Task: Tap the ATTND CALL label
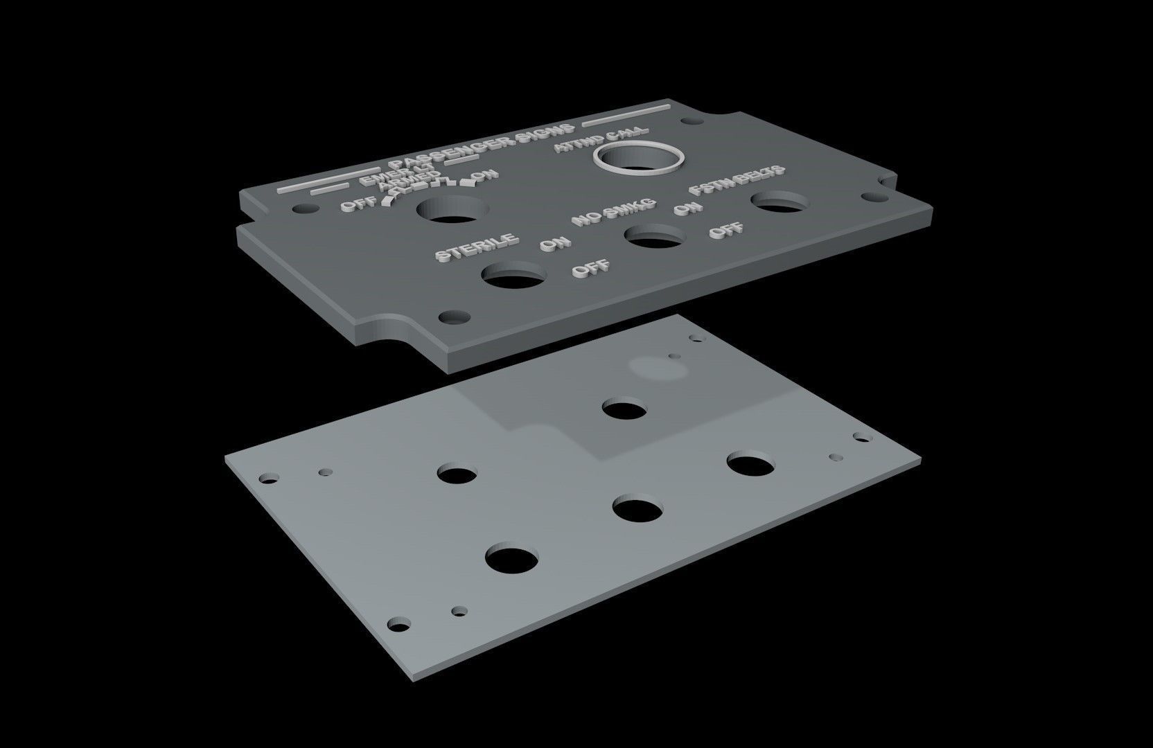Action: [x=600, y=139]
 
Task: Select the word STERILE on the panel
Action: [x=476, y=247]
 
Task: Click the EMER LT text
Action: [x=396, y=174]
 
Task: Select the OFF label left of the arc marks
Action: [x=359, y=204]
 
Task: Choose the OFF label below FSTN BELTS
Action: [x=726, y=230]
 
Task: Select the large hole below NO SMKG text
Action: [x=655, y=238]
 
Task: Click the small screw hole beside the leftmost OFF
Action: [x=303, y=208]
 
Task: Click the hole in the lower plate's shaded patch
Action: [x=624, y=408]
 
